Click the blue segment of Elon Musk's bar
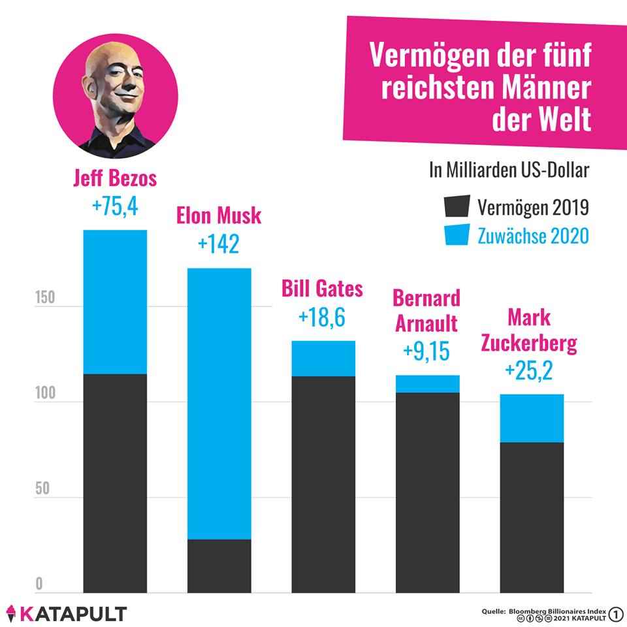coord(219,403)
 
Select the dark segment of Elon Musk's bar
coord(219,566)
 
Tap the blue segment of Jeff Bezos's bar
coord(115,302)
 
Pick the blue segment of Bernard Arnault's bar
coord(427,384)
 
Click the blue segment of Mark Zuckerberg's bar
coord(532,418)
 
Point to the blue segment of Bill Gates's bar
coord(323,358)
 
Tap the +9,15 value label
coord(426,351)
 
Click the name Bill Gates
coord(322,288)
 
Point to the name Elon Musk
coord(219,216)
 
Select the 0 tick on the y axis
coord(39,583)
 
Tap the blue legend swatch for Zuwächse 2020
coord(456,234)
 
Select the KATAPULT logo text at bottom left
coord(72,613)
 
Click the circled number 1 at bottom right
coord(615,613)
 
